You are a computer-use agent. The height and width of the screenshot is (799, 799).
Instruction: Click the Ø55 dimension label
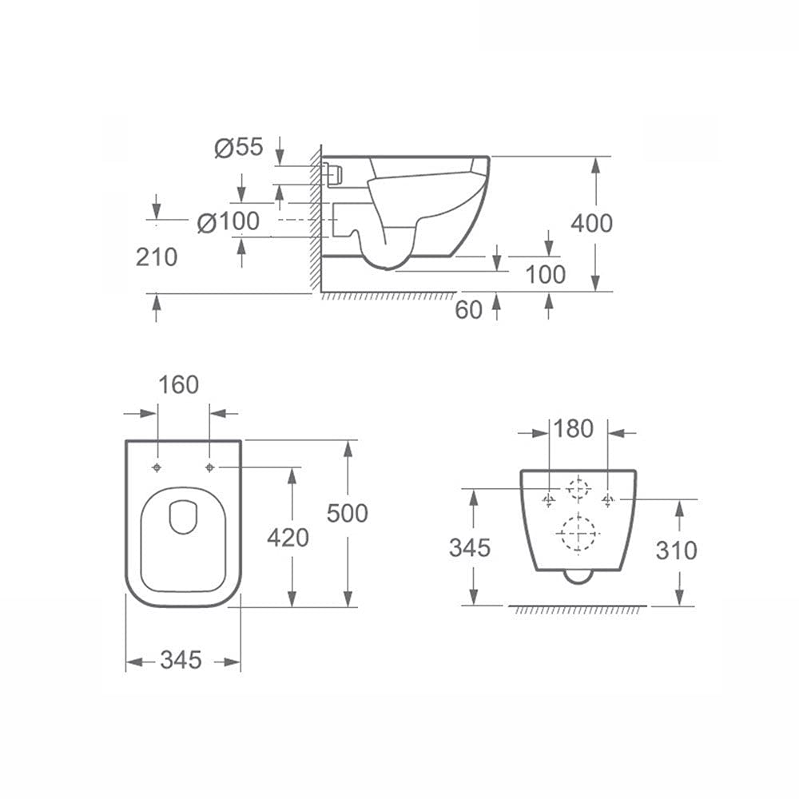pos(239,148)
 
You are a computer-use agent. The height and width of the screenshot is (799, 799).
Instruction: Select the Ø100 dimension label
pos(229,221)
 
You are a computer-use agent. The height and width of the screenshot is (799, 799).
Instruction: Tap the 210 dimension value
pos(157,256)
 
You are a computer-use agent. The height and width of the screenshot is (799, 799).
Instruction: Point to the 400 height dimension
pos(591,223)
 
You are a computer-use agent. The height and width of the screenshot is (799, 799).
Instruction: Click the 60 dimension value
pos(469,310)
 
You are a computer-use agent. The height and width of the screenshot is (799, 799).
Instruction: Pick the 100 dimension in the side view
pos(545,274)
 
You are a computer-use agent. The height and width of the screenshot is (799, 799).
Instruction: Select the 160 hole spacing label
pos(178,385)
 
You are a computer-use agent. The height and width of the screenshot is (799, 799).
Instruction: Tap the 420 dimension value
pos(288,538)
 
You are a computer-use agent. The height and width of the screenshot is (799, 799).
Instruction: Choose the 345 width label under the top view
pos(181,660)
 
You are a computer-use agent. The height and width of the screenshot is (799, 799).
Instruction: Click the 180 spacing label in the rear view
pos(573,429)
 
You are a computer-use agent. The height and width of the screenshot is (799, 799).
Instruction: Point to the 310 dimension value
pos(675,550)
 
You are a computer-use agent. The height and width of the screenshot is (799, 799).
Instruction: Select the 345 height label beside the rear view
pos(470,548)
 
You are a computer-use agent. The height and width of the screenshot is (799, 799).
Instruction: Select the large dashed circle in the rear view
pos(577,532)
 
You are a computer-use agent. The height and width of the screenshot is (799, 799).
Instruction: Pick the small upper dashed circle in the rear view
pos(578,488)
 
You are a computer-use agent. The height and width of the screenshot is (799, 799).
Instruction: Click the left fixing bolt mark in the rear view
pos(548,500)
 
